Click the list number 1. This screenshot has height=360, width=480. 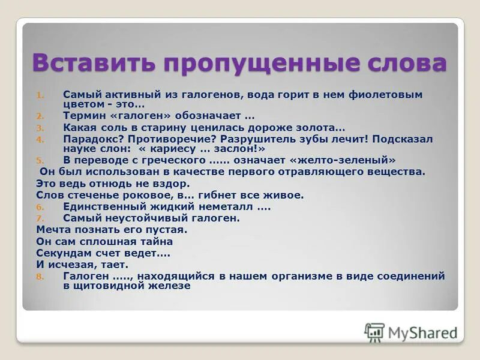pyautogui.click(x=40, y=95)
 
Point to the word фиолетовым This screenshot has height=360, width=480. pyautogui.click(x=392, y=94)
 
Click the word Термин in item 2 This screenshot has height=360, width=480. pyautogui.click(x=82, y=115)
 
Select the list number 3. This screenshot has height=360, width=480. pyautogui.click(x=40, y=128)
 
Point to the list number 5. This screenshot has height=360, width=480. pyautogui.click(x=40, y=160)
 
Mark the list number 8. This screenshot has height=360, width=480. pyautogui.click(x=40, y=277)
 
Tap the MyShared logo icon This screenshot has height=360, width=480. pyautogui.click(x=375, y=332)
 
